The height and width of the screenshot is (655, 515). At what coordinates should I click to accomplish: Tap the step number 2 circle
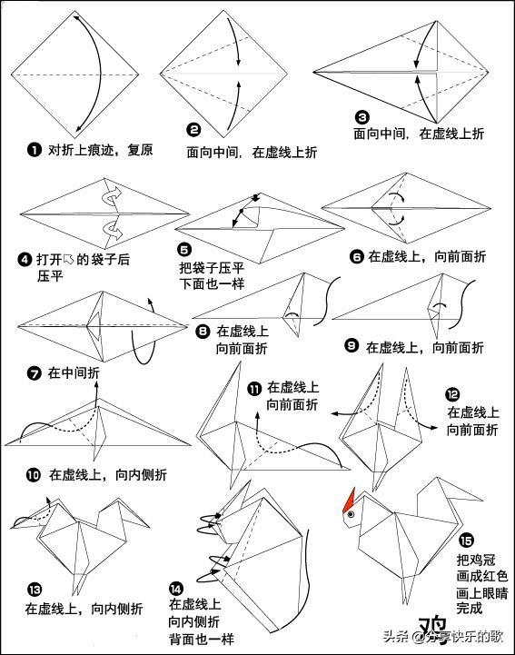coord(193,131)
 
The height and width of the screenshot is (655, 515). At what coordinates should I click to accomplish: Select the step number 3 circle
coord(361,117)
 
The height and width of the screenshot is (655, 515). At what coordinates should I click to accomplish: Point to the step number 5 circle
coord(185,249)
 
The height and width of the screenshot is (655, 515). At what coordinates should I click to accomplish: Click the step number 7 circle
coord(35,372)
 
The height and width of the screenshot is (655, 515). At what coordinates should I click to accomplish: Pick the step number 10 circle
coord(34,474)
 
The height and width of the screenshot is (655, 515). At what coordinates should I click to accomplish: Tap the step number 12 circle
coord(452,394)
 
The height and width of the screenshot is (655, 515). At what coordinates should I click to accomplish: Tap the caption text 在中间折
coord(74,372)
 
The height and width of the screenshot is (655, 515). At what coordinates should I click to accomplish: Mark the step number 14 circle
coord(176,588)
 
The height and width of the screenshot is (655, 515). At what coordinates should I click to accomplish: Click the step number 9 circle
coord(352,347)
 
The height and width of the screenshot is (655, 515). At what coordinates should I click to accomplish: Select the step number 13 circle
coord(34,588)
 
